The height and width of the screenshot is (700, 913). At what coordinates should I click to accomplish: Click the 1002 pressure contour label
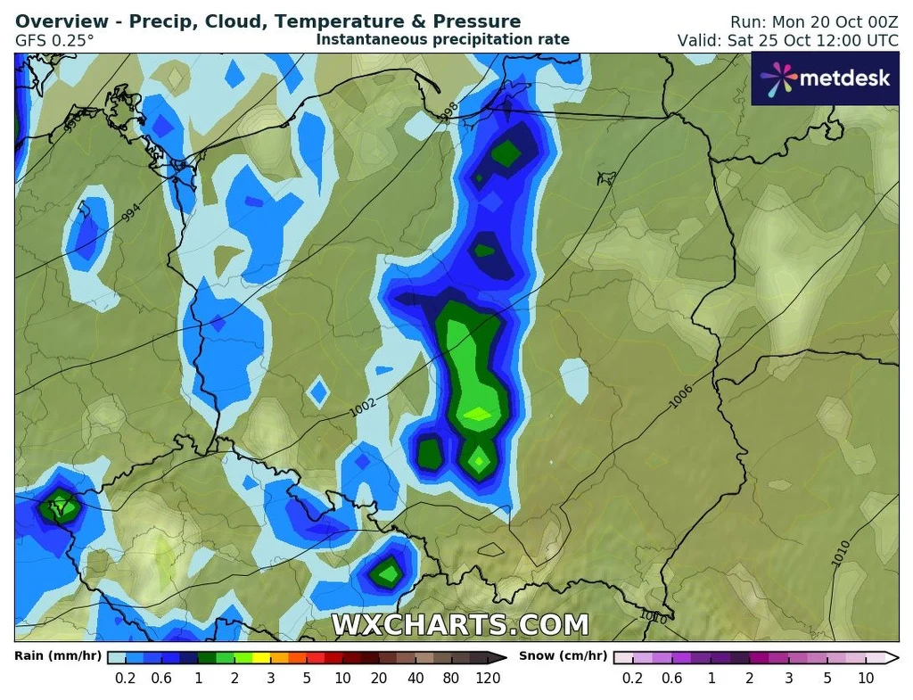(x=363, y=404)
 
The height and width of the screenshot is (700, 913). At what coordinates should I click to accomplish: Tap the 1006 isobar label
(x=680, y=399)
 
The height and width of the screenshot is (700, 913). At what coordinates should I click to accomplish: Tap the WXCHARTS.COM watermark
(x=460, y=625)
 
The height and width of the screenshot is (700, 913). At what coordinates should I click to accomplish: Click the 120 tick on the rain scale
(x=487, y=678)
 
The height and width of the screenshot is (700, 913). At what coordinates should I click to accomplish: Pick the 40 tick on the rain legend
(x=415, y=678)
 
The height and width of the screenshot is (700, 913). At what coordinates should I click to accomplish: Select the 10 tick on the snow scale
(x=866, y=678)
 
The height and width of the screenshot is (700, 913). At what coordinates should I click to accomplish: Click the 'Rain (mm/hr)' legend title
(x=58, y=656)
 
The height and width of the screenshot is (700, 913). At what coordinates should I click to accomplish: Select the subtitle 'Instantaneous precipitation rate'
(x=442, y=39)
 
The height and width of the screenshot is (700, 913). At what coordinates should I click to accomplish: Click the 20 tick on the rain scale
(x=378, y=678)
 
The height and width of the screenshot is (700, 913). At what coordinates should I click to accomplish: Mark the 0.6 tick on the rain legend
(x=161, y=678)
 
